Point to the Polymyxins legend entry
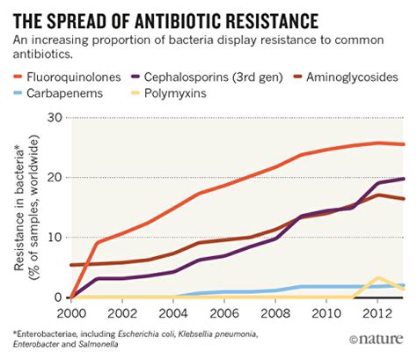coord(198,94)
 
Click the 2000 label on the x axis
coord(72,313)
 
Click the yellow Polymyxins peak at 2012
coord(378,278)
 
